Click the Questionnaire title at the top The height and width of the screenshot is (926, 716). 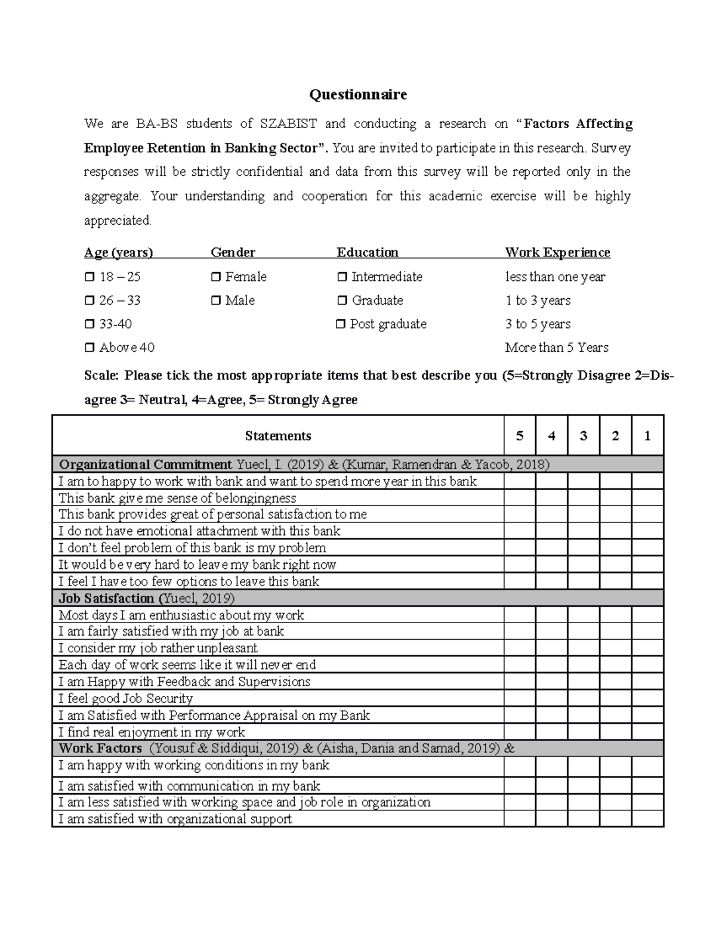[x=357, y=94]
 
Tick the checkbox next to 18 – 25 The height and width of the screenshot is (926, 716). [x=89, y=277]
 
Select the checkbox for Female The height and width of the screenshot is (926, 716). [x=216, y=277]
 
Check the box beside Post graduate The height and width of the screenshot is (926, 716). [x=341, y=324]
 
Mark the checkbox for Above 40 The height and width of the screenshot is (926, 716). [x=89, y=348]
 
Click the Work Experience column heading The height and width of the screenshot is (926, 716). [x=557, y=252]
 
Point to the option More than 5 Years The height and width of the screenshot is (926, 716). [x=556, y=348]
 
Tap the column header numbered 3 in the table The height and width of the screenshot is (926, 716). [x=584, y=436]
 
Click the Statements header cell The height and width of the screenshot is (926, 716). [x=278, y=436]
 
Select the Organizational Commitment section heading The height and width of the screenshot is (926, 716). [x=146, y=464]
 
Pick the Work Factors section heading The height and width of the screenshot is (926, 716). [x=100, y=748]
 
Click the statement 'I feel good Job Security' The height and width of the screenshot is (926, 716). [x=125, y=698]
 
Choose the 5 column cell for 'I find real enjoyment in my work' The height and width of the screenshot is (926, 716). [x=520, y=732]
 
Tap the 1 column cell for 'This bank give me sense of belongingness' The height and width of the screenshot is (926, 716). [x=647, y=498]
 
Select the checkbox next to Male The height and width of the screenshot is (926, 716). [x=216, y=301]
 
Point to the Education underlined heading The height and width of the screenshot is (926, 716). [x=368, y=252]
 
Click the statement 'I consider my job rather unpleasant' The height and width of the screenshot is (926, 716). [x=158, y=648]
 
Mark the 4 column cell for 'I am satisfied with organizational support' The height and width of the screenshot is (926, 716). [x=551, y=819]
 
